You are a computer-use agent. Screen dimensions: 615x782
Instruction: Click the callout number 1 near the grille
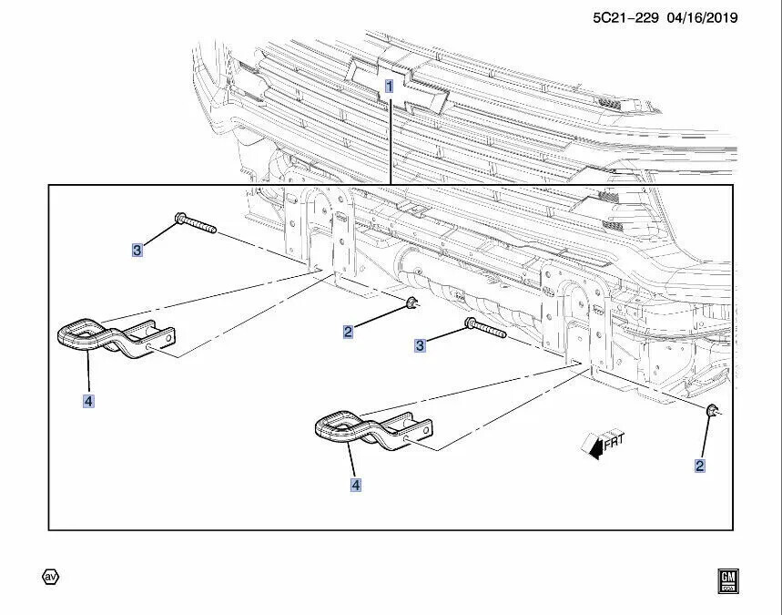[x=389, y=87]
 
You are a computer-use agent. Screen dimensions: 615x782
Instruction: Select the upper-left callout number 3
[x=137, y=250]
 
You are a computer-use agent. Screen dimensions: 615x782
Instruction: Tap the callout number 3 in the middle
[x=420, y=345]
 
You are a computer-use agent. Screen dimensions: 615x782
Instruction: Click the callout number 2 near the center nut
[x=348, y=333]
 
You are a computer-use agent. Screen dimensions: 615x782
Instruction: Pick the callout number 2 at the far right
[x=699, y=466]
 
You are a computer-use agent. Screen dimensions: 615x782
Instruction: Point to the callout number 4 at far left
[x=88, y=400]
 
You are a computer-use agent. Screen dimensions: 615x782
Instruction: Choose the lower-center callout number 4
[x=356, y=486]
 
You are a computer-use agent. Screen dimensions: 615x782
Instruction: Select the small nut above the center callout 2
[x=412, y=302]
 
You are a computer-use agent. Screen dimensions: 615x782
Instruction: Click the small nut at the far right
[x=712, y=413]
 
